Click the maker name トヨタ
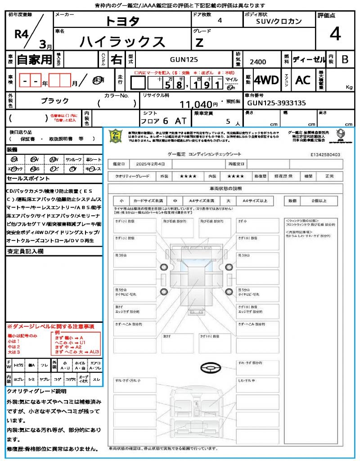[122, 21]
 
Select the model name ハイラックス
[122, 42]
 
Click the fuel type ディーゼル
[309, 59]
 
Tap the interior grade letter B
[345, 59]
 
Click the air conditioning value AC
[303, 80]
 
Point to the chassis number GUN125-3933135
[276, 103]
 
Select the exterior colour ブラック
[55, 101]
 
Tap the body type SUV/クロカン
[279, 21]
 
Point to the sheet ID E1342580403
[325, 154]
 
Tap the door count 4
[220, 21]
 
